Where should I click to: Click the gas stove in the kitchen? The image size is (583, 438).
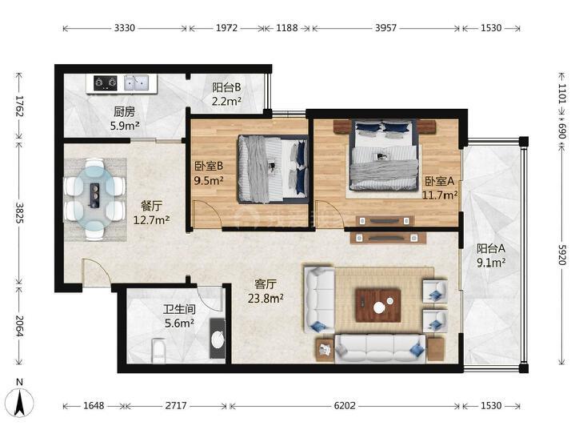tap(106, 82)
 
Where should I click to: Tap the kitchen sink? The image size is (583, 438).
tap(136, 82)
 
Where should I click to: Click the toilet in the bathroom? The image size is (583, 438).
tap(158, 350)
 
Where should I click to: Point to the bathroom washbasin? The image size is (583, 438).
tap(218, 338)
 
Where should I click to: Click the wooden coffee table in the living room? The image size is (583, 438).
tap(378, 305)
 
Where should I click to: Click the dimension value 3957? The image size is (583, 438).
tap(385, 28)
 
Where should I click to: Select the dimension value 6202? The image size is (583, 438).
tap(345, 405)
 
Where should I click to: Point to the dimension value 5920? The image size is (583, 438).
tap(561, 255)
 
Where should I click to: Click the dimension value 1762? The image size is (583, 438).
tap(19, 106)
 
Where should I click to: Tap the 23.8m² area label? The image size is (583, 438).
tap(266, 298)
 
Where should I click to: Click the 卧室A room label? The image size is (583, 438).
tap(440, 181)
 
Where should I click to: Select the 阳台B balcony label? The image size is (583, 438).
tap(226, 87)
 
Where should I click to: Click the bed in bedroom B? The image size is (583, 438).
tap(274, 169)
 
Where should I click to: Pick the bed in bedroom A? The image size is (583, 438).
tap(384, 155)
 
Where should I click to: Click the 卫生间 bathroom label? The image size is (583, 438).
tap(179, 309)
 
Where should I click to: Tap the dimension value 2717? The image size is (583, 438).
tap(176, 405)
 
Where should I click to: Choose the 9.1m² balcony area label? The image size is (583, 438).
tap(491, 263)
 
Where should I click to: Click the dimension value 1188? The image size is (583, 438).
tap(286, 28)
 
